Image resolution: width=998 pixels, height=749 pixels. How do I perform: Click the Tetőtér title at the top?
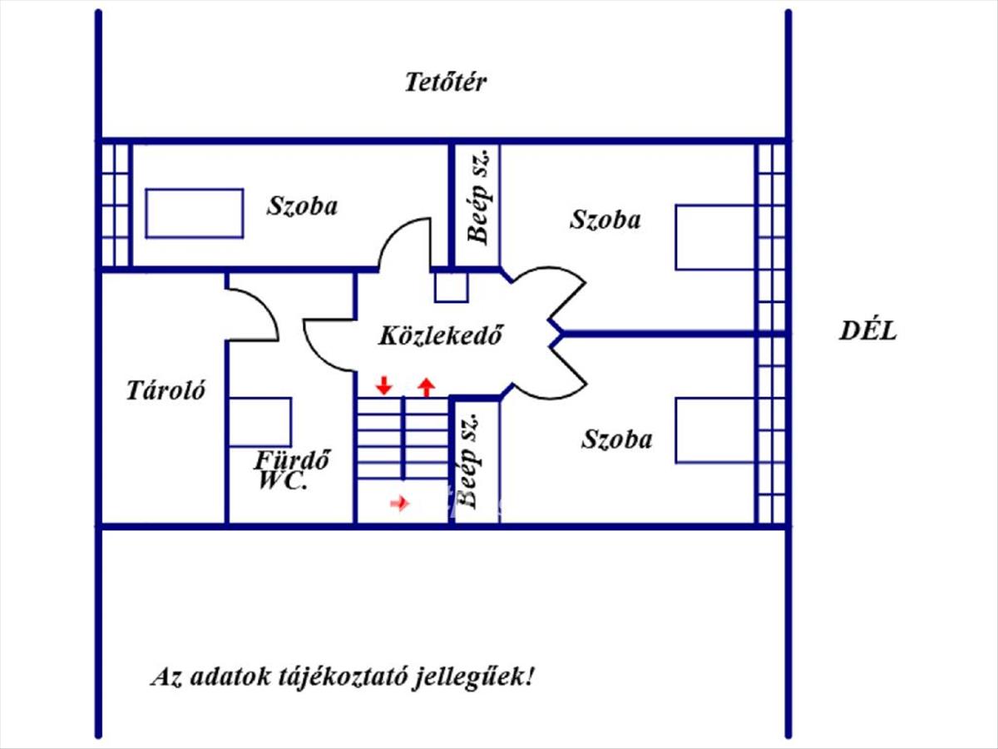pyautogui.click(x=446, y=82)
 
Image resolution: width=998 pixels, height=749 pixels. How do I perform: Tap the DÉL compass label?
pyautogui.click(x=868, y=330)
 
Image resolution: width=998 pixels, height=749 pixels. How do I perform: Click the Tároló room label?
pyautogui.click(x=166, y=389)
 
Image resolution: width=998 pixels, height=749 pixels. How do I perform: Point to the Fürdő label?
pyautogui.click(x=292, y=460)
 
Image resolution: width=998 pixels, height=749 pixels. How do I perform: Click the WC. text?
pyautogui.click(x=282, y=481)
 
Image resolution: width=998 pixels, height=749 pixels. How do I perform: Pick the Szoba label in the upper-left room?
pyautogui.click(x=302, y=206)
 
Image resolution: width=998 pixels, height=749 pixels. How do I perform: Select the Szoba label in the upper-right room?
pyautogui.click(x=605, y=219)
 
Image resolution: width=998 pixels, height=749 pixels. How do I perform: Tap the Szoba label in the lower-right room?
pyautogui.click(x=617, y=439)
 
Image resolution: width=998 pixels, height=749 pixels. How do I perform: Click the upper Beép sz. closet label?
pyautogui.click(x=479, y=196)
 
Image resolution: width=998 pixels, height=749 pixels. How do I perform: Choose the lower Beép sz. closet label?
pyautogui.click(x=467, y=462)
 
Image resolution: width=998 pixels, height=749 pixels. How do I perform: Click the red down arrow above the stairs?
pyautogui.click(x=384, y=385)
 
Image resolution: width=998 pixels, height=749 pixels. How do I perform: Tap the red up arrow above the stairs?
pyautogui.click(x=427, y=387)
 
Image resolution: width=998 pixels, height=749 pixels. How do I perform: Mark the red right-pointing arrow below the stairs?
pyautogui.click(x=400, y=503)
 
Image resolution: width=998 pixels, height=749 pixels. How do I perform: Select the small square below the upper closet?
pyautogui.click(x=452, y=287)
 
